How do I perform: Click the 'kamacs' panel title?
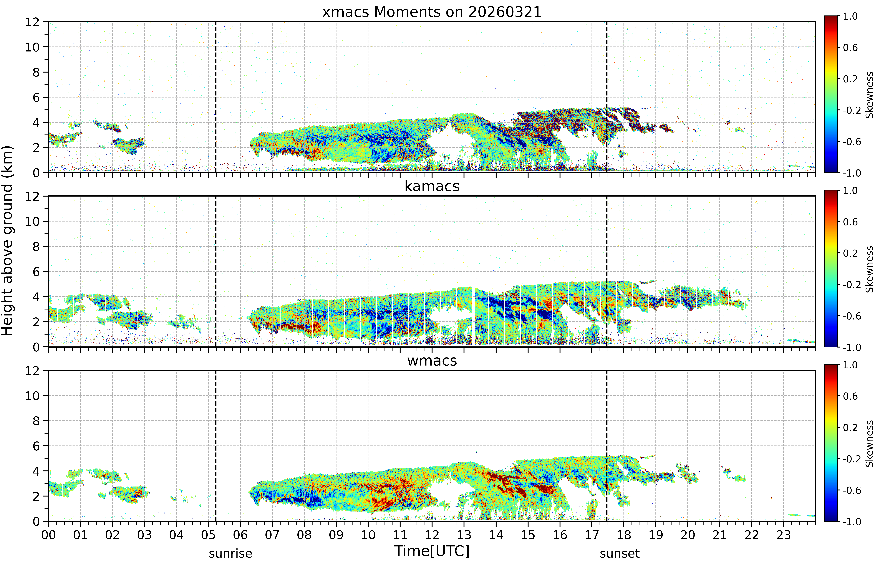coord(432,186)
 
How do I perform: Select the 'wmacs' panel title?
coord(432,361)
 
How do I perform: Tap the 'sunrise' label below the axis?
coord(230,553)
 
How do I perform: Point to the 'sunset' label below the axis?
coord(620,553)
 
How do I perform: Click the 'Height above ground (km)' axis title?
coord(7,241)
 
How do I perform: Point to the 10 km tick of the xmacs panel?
coord(32,47)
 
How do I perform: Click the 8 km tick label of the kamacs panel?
coord(36,247)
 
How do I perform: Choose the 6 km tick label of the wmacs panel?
coord(36,446)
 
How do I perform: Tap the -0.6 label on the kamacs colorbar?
coord(852,316)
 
